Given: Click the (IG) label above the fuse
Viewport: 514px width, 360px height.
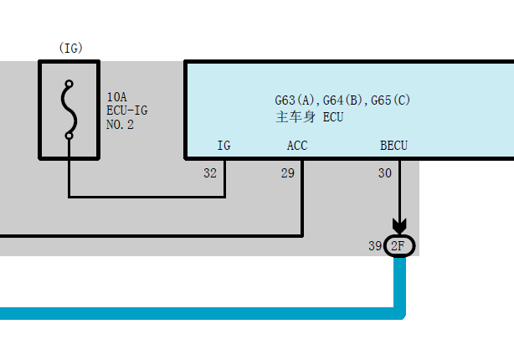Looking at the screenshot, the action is pyautogui.click(x=71, y=49).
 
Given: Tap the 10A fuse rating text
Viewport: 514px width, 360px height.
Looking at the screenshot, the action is pyautogui.click(x=116, y=97).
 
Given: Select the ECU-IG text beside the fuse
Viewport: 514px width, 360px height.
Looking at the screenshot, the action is pyautogui.click(x=127, y=111).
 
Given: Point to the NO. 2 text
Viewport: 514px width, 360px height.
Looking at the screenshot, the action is pyautogui.click(x=120, y=125).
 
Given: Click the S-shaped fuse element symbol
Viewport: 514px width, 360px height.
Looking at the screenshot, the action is pyautogui.click(x=69, y=110).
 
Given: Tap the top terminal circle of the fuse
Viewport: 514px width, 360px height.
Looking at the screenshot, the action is pyautogui.click(x=69, y=84).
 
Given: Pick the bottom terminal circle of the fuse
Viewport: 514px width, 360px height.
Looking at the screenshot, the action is pyautogui.click(x=69, y=136).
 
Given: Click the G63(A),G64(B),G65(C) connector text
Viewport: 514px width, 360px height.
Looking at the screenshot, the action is pyautogui.click(x=342, y=100).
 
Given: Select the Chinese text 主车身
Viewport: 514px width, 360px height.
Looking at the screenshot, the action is pyautogui.click(x=296, y=117).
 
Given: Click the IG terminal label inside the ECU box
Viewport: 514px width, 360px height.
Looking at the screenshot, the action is pyautogui.click(x=224, y=146).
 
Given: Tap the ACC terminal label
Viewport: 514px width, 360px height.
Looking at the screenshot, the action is pyautogui.click(x=297, y=146).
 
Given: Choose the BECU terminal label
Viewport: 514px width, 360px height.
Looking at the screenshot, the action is pyautogui.click(x=393, y=146).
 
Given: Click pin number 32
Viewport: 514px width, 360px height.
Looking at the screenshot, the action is pyautogui.click(x=210, y=173).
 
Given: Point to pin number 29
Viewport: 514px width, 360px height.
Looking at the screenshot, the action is pyautogui.click(x=288, y=173).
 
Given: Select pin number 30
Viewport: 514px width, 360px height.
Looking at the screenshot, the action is pyautogui.click(x=385, y=173).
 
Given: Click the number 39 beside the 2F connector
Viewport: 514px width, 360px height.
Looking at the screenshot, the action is pyautogui.click(x=375, y=246).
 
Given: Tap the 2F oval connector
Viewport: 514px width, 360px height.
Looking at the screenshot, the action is pyautogui.click(x=399, y=246).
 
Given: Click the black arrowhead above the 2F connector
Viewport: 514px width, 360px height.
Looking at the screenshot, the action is pyautogui.click(x=399, y=226).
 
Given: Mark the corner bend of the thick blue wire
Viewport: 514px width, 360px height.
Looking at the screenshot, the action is pyautogui.click(x=400, y=313).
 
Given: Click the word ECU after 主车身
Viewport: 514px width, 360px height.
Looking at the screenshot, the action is pyautogui.click(x=333, y=117).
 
